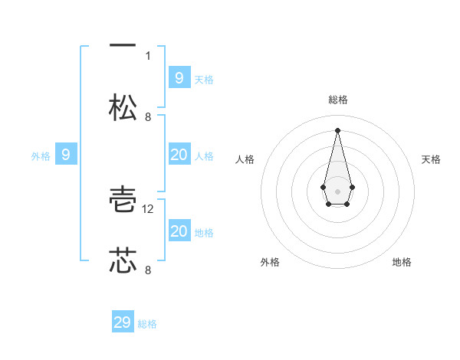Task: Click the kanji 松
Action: (x=123, y=106)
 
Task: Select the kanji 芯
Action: (x=123, y=260)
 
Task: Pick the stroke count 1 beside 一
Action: (x=148, y=55)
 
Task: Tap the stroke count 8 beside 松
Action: (x=148, y=116)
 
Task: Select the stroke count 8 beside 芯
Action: (x=148, y=270)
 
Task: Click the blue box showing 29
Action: (x=123, y=322)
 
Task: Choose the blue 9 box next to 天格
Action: (x=179, y=77)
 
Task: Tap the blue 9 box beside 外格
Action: (x=66, y=155)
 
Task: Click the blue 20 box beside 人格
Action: (x=179, y=155)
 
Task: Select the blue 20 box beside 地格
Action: (x=179, y=231)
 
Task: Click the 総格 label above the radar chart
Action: (x=337, y=100)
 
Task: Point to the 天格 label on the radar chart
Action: (x=432, y=159)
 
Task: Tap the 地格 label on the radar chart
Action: (x=402, y=262)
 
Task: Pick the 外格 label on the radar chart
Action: (x=270, y=262)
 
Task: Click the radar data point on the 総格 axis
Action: (x=337, y=129)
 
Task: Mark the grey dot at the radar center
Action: (x=337, y=190)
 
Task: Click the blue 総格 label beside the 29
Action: (x=147, y=324)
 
